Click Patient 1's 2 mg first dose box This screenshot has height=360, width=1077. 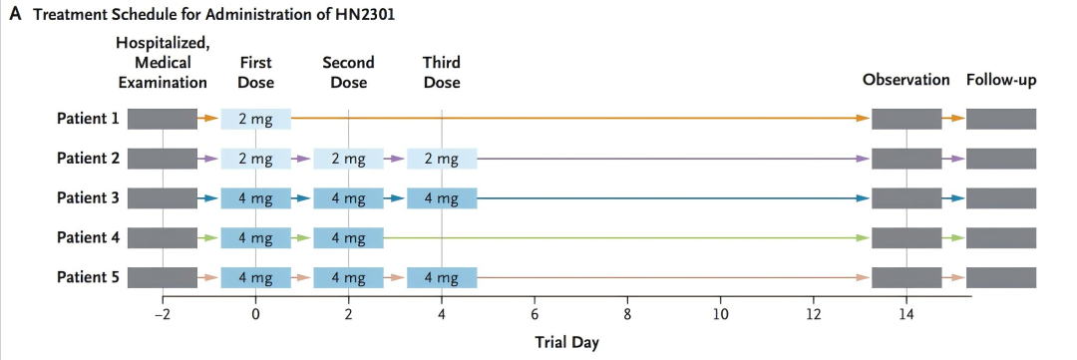click(255, 119)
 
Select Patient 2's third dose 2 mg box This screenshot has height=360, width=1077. click(442, 159)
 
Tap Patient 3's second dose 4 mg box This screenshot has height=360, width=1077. click(348, 198)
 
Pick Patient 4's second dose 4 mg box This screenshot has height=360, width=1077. click(348, 238)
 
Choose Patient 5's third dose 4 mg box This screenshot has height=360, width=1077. click(442, 278)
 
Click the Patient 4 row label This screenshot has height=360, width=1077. click(88, 238)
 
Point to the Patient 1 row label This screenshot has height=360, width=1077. click(88, 119)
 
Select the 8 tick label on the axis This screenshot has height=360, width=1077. click(627, 316)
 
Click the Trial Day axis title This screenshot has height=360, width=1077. click(566, 342)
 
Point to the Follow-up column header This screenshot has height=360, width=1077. click(1001, 81)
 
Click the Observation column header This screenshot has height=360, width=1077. click(906, 80)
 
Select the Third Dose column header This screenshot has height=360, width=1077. click(442, 72)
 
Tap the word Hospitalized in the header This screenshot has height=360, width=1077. click(163, 44)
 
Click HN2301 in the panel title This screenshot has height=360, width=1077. click(366, 14)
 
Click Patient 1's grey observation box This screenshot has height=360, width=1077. click(906, 119)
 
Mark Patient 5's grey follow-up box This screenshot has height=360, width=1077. click(1001, 278)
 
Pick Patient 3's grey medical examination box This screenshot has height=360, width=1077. click(163, 198)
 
